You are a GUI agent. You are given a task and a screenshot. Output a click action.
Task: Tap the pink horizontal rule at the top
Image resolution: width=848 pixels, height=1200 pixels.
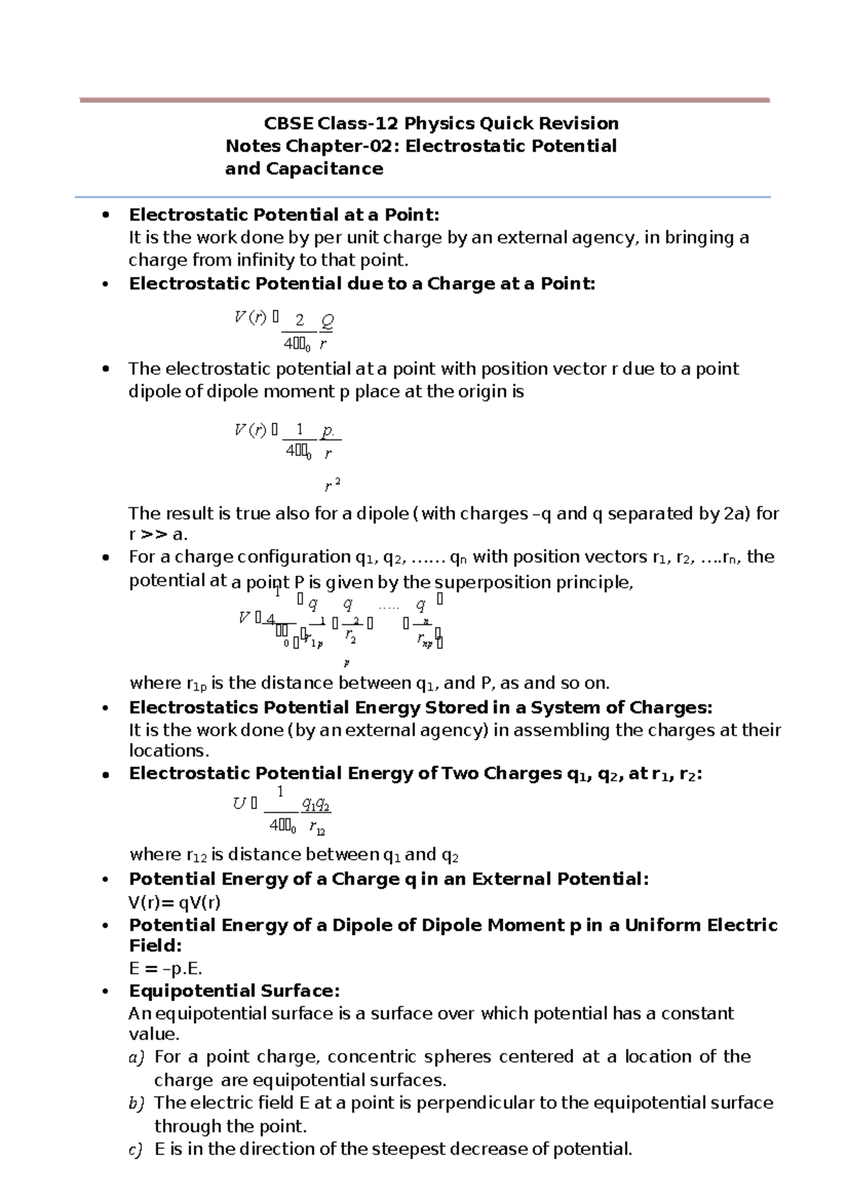coord(424,100)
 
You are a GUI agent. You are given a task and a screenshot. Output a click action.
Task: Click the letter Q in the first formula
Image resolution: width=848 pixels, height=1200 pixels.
coord(326,322)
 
